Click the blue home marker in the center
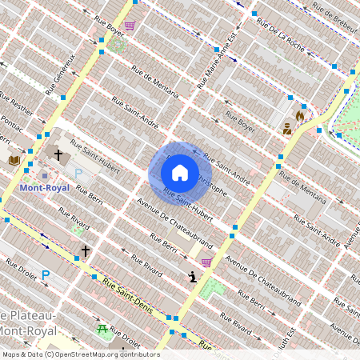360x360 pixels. click(179, 172)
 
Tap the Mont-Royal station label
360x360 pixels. click(45, 188)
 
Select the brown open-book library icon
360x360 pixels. click(14, 161)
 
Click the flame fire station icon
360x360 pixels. click(300, 115)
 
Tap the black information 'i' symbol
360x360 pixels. click(192, 277)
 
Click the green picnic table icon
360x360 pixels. click(102, 329)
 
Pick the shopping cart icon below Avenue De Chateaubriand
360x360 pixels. click(206, 262)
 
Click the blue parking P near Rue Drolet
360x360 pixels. click(46, 274)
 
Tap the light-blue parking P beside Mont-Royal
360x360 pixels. click(78, 173)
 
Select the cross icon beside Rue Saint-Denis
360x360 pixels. click(86, 250)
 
